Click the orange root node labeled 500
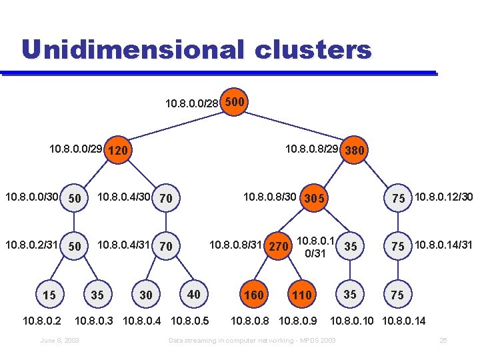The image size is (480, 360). click(235, 103)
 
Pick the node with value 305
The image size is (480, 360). click(313, 199)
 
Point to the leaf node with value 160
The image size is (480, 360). click(255, 295)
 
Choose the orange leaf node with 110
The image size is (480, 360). click(302, 295)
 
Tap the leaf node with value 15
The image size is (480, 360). click(49, 295)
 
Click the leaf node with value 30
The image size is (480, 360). click(146, 295)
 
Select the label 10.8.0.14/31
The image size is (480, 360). click(443, 245)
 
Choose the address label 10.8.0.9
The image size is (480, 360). click(297, 321)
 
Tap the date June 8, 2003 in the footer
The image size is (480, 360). click(60, 341)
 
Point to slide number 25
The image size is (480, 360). click(443, 341)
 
